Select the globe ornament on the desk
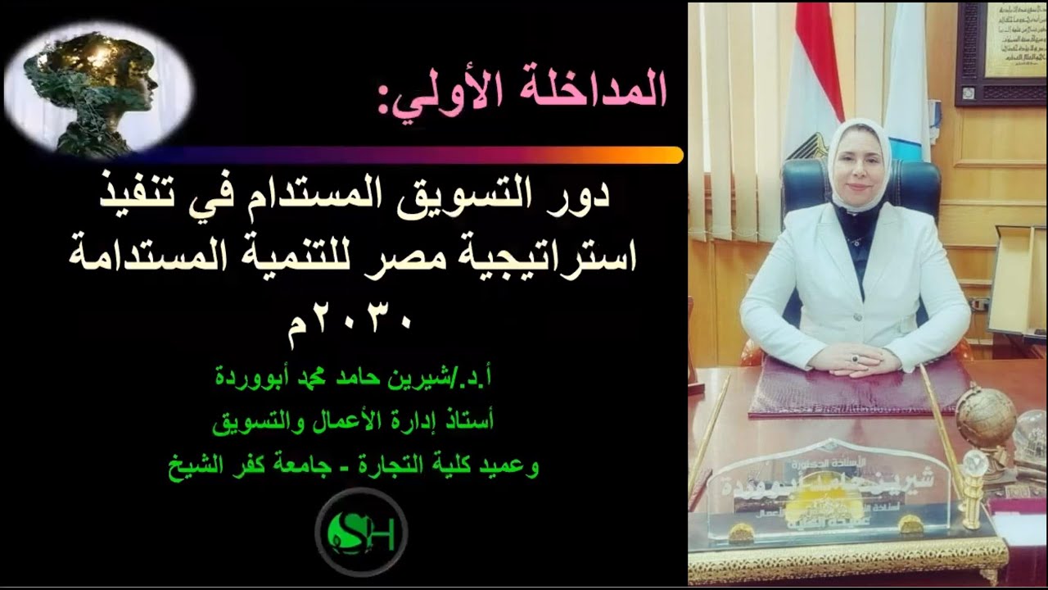(x=986, y=418)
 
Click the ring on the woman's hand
(x=855, y=358)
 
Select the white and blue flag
(x=907, y=82)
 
